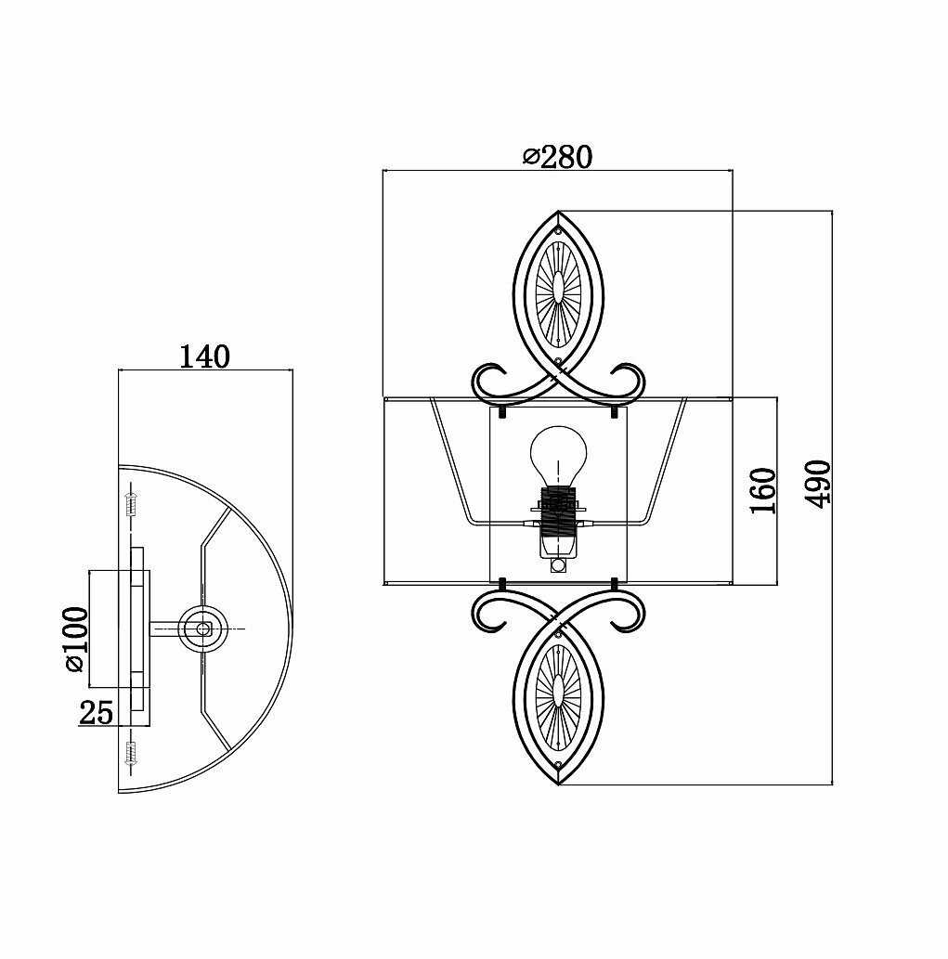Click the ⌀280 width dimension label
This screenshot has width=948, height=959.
tap(557, 158)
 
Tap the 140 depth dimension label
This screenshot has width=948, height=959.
tap(204, 356)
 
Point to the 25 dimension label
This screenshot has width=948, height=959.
tap(96, 713)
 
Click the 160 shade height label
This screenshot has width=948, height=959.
tap(761, 491)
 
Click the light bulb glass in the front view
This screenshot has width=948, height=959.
tap(559, 454)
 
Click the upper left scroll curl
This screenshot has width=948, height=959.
tap(490, 380)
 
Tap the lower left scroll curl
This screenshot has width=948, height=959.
tap(490, 609)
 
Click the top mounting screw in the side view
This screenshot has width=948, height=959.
tap(130, 505)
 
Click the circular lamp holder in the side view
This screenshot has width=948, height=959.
tap(201, 629)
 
